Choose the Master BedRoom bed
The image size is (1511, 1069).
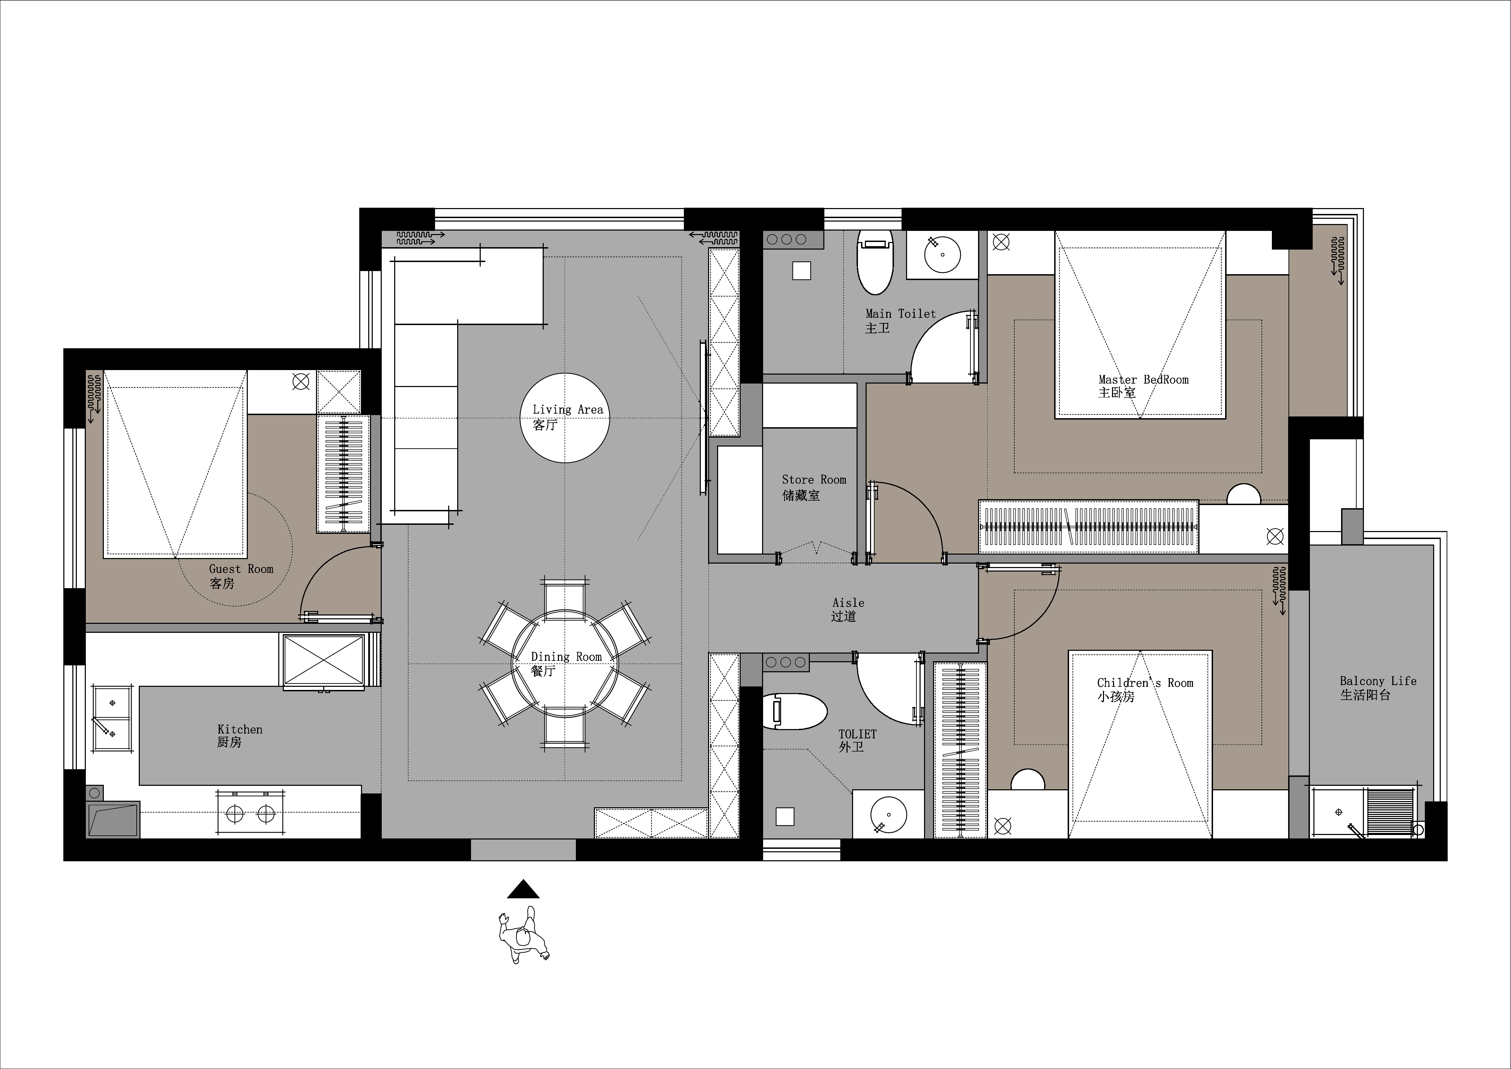click(1140, 324)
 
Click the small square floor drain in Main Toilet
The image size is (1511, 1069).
click(802, 271)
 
